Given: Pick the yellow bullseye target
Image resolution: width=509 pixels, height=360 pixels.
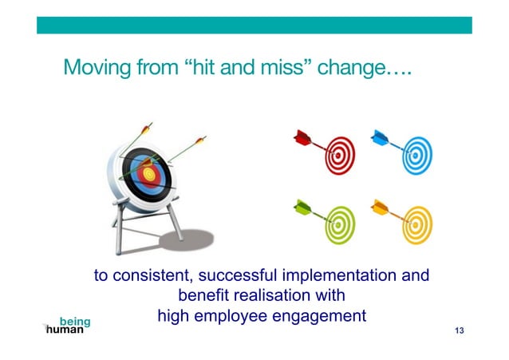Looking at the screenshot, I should [x=416, y=225].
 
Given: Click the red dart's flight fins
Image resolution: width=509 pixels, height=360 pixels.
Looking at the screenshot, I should [x=302, y=137].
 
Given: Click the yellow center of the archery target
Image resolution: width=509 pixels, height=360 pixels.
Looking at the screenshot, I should [x=146, y=170].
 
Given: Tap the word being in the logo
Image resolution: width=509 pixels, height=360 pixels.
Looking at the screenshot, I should [x=75, y=321].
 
